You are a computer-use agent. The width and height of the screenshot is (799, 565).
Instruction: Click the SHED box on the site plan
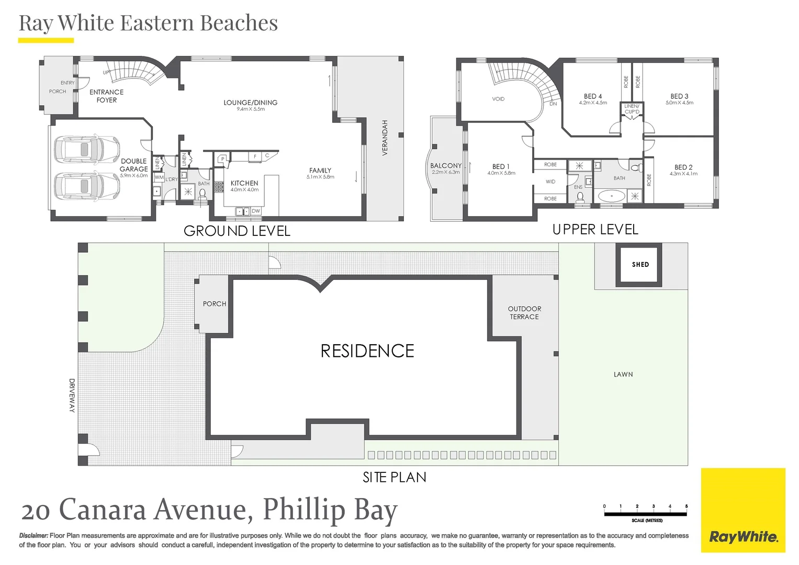(x=639, y=265)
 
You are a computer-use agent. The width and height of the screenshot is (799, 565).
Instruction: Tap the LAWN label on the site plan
(x=623, y=375)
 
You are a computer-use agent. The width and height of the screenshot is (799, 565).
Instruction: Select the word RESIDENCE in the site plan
(x=367, y=351)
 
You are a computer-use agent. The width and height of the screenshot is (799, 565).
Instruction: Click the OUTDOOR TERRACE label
(x=524, y=313)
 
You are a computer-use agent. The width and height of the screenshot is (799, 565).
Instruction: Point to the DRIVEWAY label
(x=72, y=395)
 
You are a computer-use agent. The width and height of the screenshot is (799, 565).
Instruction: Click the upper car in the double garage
(x=86, y=150)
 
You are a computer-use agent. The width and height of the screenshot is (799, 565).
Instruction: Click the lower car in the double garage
(x=86, y=186)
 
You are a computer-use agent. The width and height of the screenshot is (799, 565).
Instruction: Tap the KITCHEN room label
(x=244, y=183)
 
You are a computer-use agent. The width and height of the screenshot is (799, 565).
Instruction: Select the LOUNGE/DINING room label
(x=250, y=103)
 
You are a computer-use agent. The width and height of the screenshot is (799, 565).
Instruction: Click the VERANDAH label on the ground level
(x=385, y=138)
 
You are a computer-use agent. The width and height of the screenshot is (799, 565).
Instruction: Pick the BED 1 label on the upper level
(x=500, y=166)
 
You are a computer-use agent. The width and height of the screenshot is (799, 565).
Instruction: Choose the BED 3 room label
(x=679, y=96)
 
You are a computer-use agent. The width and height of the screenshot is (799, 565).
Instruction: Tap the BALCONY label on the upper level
(x=446, y=165)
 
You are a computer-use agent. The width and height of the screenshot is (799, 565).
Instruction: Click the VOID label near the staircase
(x=498, y=99)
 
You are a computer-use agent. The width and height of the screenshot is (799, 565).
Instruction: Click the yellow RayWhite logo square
(x=743, y=510)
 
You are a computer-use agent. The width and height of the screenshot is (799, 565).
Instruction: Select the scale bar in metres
(x=645, y=514)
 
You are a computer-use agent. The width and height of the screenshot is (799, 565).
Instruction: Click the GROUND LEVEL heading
(x=237, y=231)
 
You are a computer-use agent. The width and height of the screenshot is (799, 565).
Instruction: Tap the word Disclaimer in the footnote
(x=33, y=536)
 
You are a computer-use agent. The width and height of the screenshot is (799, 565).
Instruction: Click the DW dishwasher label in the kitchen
(x=255, y=211)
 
